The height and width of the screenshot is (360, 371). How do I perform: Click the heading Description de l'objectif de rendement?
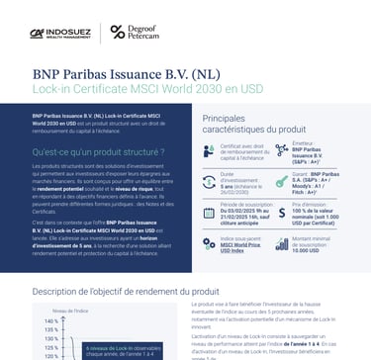tap(128, 293)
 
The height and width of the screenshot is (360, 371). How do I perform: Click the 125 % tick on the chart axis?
tap(49, 350)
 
